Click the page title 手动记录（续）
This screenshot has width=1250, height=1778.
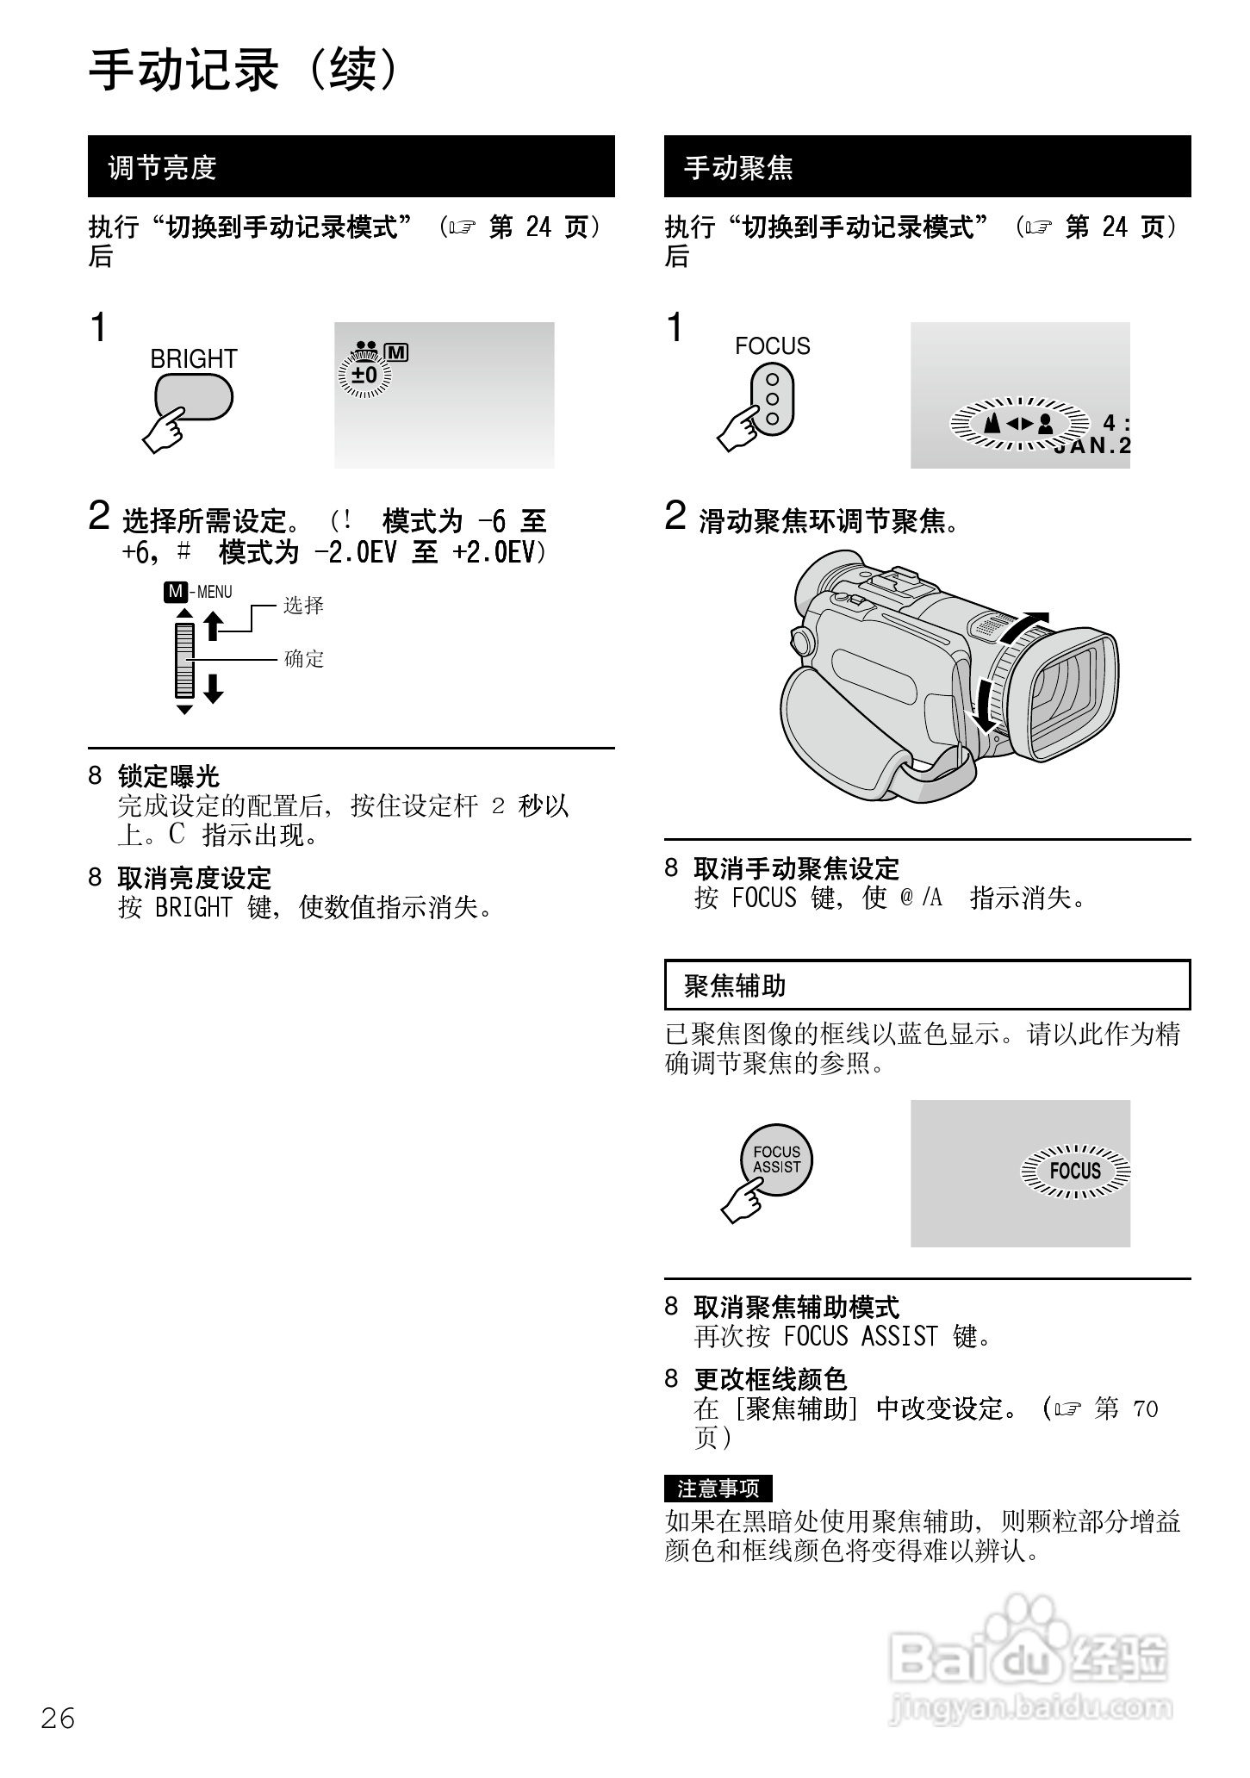pyautogui.click(x=246, y=70)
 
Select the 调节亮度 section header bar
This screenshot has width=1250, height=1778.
pyautogui.click(x=351, y=166)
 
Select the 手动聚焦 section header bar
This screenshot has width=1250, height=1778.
pyautogui.click(x=927, y=166)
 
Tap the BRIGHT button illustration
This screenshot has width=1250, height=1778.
pyautogui.click(x=194, y=397)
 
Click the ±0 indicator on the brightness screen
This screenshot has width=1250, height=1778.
pyautogui.click(x=365, y=376)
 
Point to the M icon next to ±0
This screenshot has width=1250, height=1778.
pyautogui.click(x=397, y=352)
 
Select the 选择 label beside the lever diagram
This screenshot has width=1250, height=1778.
pyautogui.click(x=303, y=606)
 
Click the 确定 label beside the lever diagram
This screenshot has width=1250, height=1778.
pyautogui.click(x=303, y=659)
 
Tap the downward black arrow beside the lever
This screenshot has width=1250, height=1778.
pyautogui.click(x=213, y=688)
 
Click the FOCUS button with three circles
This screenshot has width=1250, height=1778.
pyautogui.click(x=772, y=399)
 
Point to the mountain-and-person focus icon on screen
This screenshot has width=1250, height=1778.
pyautogui.click(x=1019, y=423)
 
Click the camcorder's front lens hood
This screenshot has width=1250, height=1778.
pyautogui.click(x=1073, y=693)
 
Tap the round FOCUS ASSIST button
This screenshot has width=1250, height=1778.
pyautogui.click(x=776, y=1159)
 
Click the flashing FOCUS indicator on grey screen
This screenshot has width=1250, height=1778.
pyautogui.click(x=1075, y=1171)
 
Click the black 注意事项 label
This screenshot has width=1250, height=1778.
pyautogui.click(x=718, y=1488)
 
